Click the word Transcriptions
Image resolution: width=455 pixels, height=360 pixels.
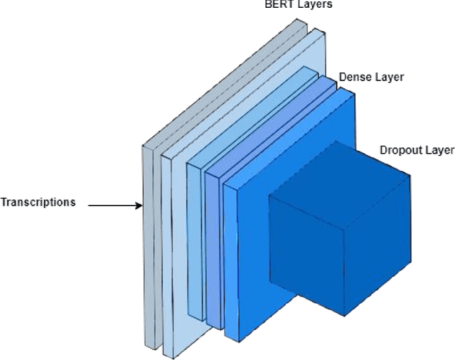pyautogui.click(x=38, y=202)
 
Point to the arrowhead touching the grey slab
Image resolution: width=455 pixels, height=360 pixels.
pyautogui.click(x=139, y=206)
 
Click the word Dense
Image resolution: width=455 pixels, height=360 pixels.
pyautogui.click(x=354, y=77)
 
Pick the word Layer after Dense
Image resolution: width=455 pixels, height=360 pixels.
pyautogui.click(x=388, y=77)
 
